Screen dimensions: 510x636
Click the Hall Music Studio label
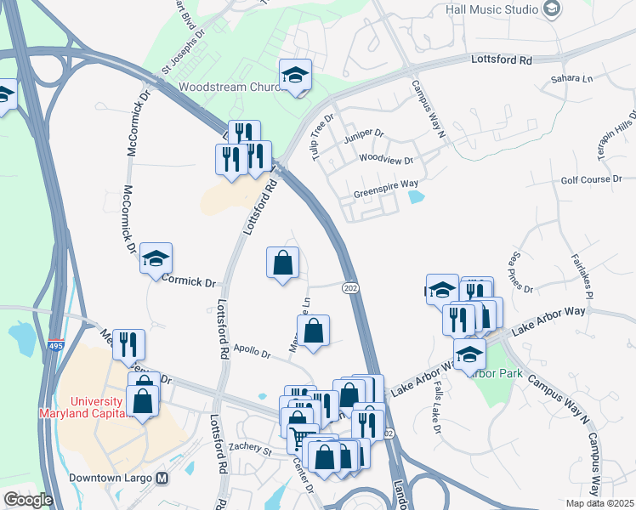tap(491, 9)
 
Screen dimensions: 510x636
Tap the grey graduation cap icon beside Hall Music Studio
tap(552, 9)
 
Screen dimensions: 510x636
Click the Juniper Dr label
tap(364, 133)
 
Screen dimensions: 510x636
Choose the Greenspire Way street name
tap(385, 183)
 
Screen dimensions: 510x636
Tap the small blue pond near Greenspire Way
tap(416, 197)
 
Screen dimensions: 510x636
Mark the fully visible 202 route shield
tap(349, 289)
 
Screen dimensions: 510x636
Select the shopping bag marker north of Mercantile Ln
tap(282, 263)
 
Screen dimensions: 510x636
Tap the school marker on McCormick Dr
tap(156, 258)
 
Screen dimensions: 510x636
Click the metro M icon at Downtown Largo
tap(162, 479)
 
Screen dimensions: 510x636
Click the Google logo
tap(28, 499)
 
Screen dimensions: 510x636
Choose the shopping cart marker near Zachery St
tap(303, 439)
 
